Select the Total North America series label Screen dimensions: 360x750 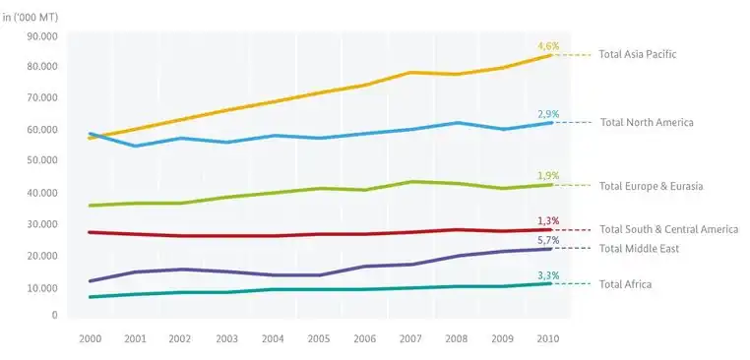pyautogui.click(x=647, y=122)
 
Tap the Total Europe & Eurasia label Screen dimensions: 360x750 pyautogui.click(x=650, y=185)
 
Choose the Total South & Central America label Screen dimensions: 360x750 pyautogui.click(x=668, y=229)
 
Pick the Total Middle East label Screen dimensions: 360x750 pyautogui.click(x=639, y=249)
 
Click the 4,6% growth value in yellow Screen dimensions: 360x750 pyautogui.click(x=548, y=46)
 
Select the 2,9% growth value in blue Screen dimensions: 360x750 pyautogui.click(x=548, y=114)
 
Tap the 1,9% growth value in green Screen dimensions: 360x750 pyautogui.click(x=548, y=175)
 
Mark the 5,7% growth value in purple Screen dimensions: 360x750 pyautogui.click(x=548, y=239)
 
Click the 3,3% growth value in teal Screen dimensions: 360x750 pyautogui.click(x=548, y=275)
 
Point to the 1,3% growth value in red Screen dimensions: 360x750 pyautogui.click(x=548, y=220)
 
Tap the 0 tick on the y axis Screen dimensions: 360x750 pyautogui.click(x=55, y=316)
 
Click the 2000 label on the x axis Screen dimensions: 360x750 pyautogui.click(x=90, y=337)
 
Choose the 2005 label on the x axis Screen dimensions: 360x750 pyautogui.click(x=319, y=337)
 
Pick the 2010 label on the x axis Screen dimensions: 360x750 pyautogui.click(x=548, y=337)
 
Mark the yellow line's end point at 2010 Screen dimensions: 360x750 pyautogui.click(x=549, y=55)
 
